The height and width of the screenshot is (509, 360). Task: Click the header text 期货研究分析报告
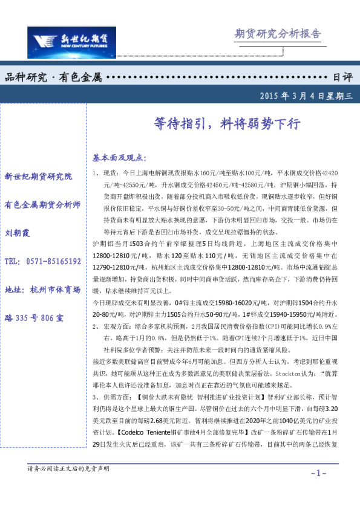coord(278,33)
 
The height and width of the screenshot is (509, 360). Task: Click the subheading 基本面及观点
coord(119,158)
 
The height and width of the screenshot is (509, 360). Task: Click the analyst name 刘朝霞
coord(18,233)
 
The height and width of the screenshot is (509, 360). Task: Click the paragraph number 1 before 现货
coord(96,173)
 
